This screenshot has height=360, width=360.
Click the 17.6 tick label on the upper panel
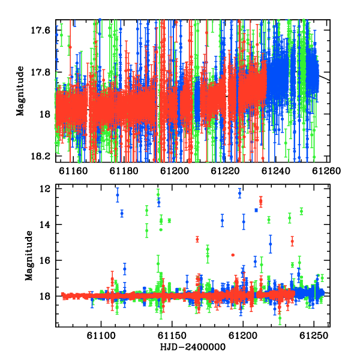(40, 30)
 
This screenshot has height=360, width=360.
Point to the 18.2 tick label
(40, 156)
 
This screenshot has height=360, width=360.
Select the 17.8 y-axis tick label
(40, 72)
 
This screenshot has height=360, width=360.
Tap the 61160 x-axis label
(73, 171)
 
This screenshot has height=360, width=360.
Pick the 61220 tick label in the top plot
(225, 171)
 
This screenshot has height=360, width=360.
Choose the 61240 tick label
(276, 171)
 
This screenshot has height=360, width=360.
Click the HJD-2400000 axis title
(193, 347)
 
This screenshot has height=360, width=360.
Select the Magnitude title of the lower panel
(29, 256)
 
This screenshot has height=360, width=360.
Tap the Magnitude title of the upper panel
(20, 91)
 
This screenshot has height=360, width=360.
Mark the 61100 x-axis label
(101, 335)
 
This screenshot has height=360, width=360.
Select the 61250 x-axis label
(314, 335)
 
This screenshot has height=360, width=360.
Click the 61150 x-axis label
(172, 335)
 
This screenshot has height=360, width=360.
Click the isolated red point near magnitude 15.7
(233, 255)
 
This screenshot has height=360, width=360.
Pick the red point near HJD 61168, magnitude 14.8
(197, 239)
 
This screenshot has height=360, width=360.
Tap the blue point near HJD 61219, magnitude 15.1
(271, 244)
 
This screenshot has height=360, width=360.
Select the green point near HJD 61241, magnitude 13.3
(301, 211)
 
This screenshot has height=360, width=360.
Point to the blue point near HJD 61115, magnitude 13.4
(122, 213)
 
